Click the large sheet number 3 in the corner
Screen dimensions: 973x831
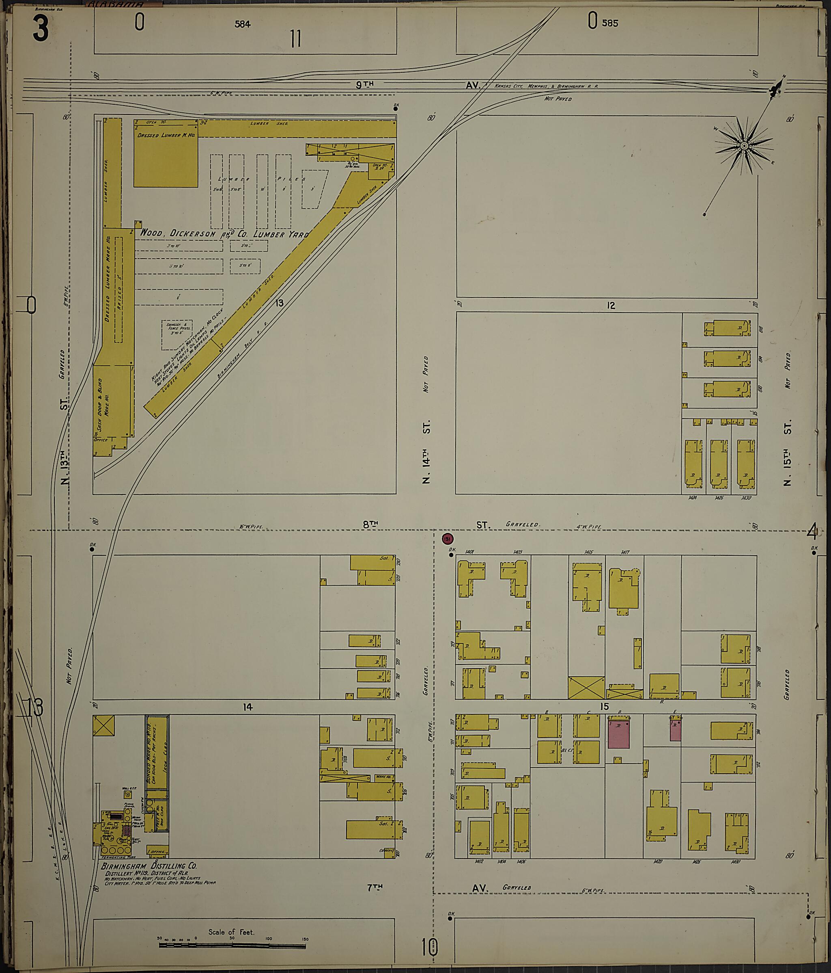click(41, 28)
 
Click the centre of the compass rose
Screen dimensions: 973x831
click(744, 146)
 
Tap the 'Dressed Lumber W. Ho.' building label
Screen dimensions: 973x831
click(166, 135)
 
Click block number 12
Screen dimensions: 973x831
click(610, 306)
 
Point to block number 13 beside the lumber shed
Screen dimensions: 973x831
click(279, 303)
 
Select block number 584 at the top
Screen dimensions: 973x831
click(243, 24)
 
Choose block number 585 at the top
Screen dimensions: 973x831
click(610, 23)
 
